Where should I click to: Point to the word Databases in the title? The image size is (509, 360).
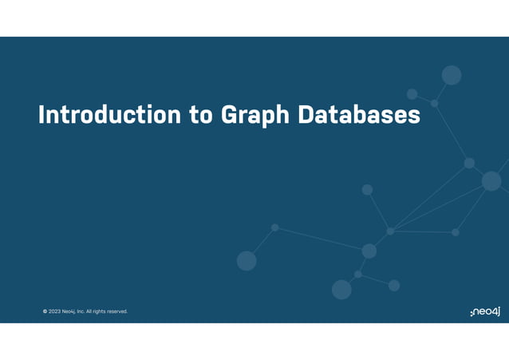pos(359,115)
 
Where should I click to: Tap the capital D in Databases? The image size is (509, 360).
pos(307,115)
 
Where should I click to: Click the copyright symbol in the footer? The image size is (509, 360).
pos(45,311)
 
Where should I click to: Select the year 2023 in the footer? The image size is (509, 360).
pos(54,311)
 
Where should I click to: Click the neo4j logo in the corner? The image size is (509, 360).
pos(485,310)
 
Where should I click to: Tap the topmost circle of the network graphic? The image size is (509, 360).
pos(452,75)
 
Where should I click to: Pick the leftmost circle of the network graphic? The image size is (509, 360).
pos(247,260)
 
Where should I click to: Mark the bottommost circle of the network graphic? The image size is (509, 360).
pos(341,290)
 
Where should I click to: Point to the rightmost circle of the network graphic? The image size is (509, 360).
pos(491,181)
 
